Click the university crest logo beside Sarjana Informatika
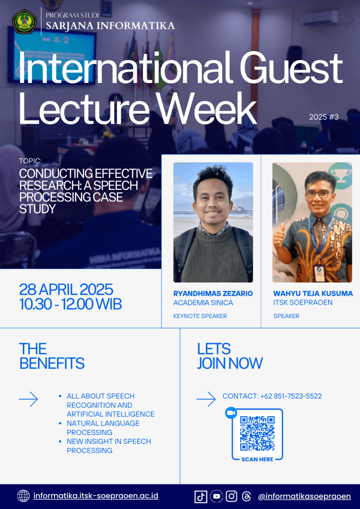pyautogui.click(x=24, y=22)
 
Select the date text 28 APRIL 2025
pyautogui.click(x=66, y=289)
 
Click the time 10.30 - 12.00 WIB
pyautogui.click(x=71, y=304)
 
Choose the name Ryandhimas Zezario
pyautogui.click(x=213, y=293)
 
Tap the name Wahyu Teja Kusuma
pyautogui.click(x=313, y=293)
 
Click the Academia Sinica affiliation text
pyautogui.click(x=203, y=303)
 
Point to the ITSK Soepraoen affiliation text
pyautogui.click(x=303, y=303)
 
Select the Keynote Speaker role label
pyautogui.click(x=200, y=316)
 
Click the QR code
pyautogui.click(x=257, y=433)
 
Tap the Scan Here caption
pyautogui.click(x=257, y=459)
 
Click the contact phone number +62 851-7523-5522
pyautogui.click(x=291, y=396)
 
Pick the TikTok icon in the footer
pyautogui.click(x=200, y=497)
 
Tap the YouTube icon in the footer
pyautogui.click(x=216, y=496)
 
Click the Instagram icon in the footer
pyautogui.click(x=231, y=496)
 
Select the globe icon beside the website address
pyautogui.click(x=23, y=496)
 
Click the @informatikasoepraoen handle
pyautogui.click(x=304, y=497)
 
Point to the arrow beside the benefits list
pyautogui.click(x=28, y=399)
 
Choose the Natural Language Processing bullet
pyautogui.click(x=103, y=428)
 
